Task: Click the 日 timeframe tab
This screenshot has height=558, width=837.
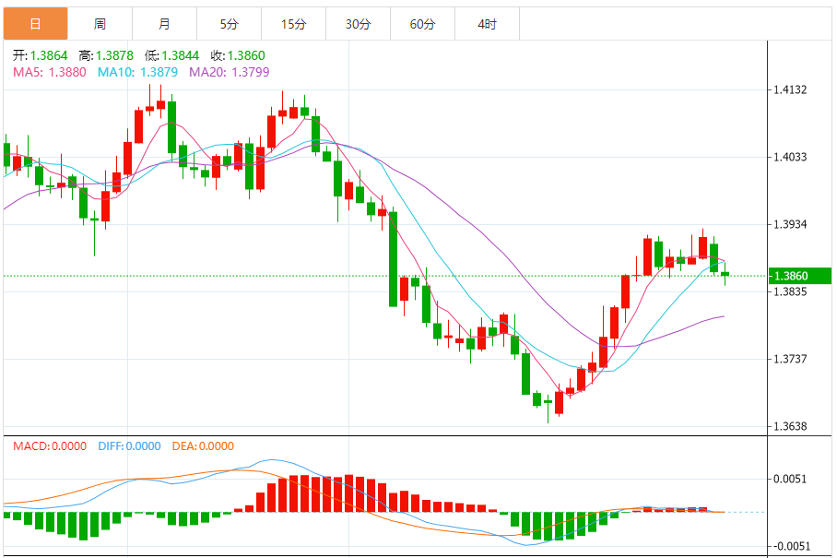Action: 35,24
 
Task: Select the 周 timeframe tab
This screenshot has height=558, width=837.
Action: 100,24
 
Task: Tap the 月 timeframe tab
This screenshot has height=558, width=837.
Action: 164,24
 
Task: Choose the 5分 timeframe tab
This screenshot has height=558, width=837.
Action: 229,24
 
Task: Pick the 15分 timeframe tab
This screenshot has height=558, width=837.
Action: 293,24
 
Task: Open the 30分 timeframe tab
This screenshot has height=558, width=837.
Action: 358,24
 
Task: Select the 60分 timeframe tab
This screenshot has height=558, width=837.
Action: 422,24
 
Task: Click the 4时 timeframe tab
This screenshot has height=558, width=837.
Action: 487,24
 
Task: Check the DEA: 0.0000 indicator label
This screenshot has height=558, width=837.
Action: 203,446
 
